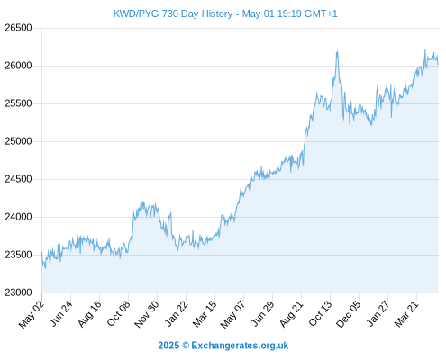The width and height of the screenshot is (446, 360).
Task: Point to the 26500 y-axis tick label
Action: pos(18,28)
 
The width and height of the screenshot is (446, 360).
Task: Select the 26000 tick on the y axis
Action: pos(18,66)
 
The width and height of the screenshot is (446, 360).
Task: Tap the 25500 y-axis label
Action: pos(18,103)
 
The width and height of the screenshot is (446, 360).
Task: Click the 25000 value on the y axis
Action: pos(18,141)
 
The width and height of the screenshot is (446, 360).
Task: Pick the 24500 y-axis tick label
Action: pos(18,179)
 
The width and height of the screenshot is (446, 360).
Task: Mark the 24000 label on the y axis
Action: pos(18,217)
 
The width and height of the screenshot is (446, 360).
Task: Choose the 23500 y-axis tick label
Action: pos(18,255)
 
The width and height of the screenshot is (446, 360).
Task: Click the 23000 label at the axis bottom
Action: pos(18,292)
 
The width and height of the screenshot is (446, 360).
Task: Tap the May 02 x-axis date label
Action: pos(32,314)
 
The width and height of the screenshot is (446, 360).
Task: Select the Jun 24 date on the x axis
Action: pos(61,313)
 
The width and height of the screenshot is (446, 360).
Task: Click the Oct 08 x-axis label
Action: pos(119,313)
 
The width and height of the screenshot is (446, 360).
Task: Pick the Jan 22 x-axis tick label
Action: pos(177,313)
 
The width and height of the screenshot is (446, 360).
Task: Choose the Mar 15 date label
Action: pos(205,313)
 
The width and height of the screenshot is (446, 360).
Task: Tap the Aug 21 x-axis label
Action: pos(291,313)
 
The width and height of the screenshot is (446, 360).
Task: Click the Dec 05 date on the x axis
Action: pos(349,314)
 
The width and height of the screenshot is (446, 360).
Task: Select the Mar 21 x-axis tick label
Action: pos(406,313)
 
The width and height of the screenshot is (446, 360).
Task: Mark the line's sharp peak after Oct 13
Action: pos(337,49)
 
